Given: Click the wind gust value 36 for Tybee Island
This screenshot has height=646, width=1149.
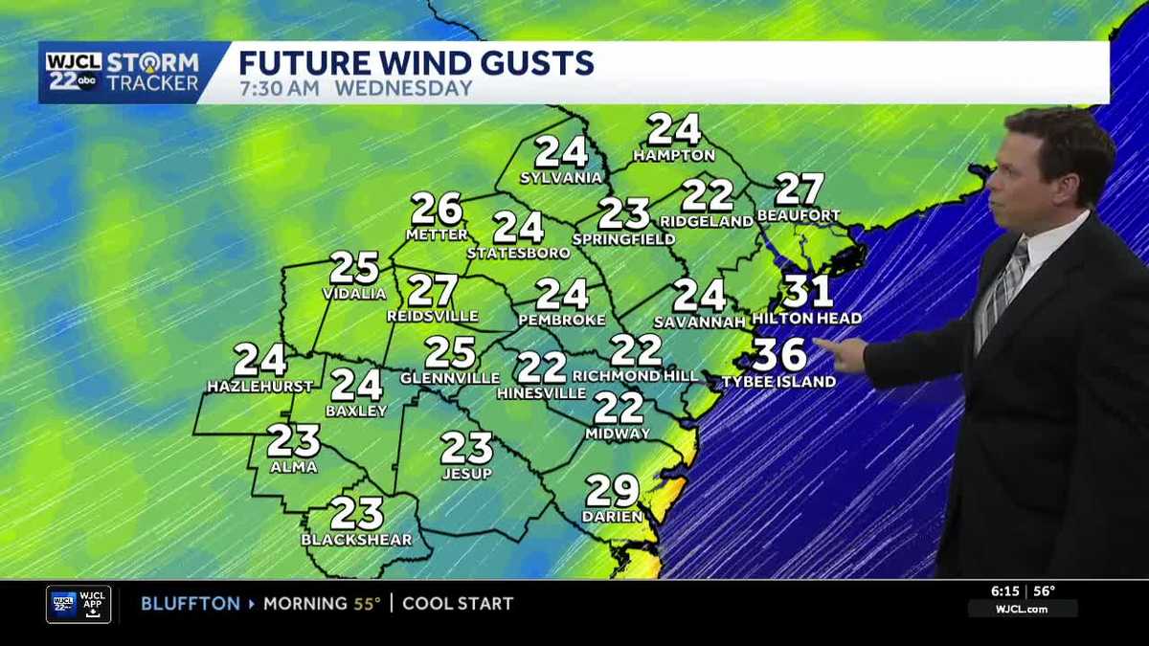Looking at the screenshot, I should pyautogui.click(x=778, y=354).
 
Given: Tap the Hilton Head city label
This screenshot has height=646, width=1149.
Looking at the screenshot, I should pyautogui.click(x=806, y=319).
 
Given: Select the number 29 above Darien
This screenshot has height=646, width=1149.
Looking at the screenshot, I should pyautogui.click(x=612, y=491).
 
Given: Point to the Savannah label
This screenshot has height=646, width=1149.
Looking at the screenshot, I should pyautogui.click(x=699, y=323).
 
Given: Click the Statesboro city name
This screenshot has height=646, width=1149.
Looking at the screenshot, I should pyautogui.click(x=518, y=254).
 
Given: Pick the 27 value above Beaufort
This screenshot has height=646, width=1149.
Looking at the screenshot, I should pyautogui.click(x=800, y=189).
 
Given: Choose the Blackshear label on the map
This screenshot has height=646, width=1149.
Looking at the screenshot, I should pyautogui.click(x=356, y=540).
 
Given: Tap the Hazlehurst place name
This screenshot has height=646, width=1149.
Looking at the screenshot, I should pyautogui.click(x=259, y=387).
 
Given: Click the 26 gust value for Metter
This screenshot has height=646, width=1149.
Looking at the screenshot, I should pyautogui.click(x=437, y=208).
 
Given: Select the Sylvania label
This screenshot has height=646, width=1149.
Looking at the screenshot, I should pyautogui.click(x=561, y=178).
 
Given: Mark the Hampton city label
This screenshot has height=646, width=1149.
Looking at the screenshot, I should pyautogui.click(x=674, y=155).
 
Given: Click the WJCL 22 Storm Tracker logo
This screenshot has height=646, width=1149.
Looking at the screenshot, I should pyautogui.click(x=123, y=73).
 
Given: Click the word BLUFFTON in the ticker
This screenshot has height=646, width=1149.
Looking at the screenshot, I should pyautogui.click(x=191, y=604).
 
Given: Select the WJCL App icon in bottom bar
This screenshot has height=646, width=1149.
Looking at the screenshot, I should pyautogui.click(x=79, y=604).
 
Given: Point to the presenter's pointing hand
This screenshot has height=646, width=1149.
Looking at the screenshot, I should pyautogui.click(x=842, y=354).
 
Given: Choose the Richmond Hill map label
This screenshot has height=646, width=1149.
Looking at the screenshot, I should pyautogui.click(x=636, y=376).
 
